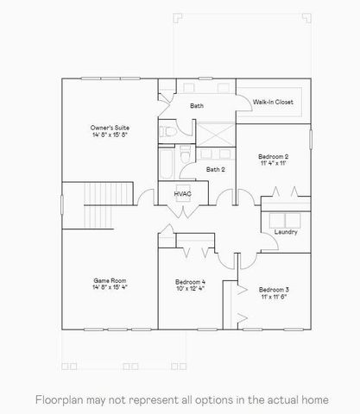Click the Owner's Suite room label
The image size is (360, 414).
coord(110,128)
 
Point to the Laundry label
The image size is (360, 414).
coord(286,232)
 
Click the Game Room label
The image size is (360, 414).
coord(110,280)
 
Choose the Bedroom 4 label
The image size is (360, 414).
coord(190,282)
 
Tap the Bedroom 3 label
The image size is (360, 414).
coord(274,289)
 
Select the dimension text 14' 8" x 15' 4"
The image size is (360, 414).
coord(110,287)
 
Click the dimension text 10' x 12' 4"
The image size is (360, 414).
coord(190,289)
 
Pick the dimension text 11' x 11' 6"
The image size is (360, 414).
coord(274,296)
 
